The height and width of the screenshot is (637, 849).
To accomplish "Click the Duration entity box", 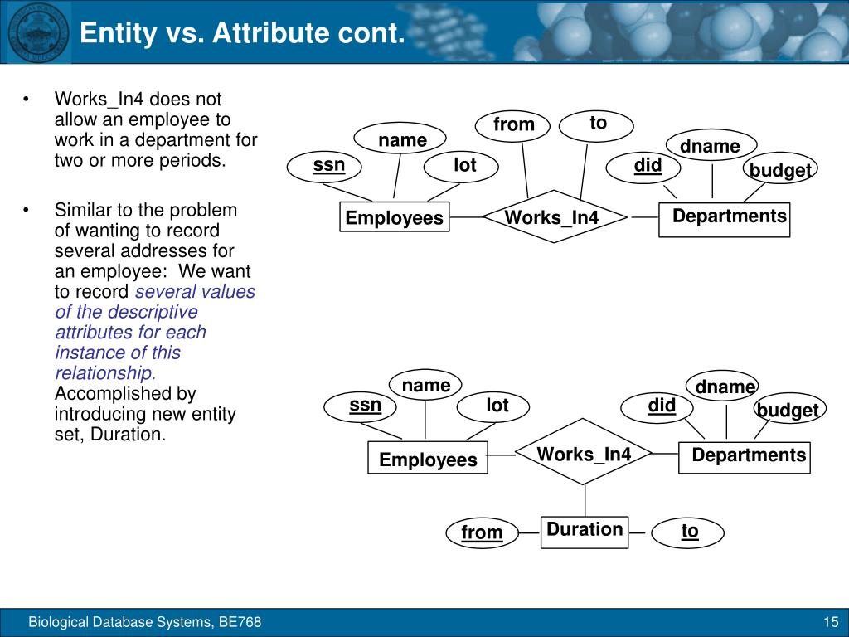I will [x=585, y=531].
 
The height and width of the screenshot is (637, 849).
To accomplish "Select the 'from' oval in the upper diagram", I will [x=514, y=125].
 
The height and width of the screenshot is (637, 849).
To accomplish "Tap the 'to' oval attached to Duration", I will [x=689, y=532].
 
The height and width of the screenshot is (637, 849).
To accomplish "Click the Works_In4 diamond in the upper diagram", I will [x=553, y=217].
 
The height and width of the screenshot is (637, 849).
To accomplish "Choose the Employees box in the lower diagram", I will [x=428, y=459].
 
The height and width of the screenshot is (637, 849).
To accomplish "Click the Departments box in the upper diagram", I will [x=724, y=219].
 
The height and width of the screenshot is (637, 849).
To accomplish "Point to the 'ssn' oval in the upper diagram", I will [x=328, y=166].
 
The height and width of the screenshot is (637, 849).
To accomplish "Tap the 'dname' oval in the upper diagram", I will [x=711, y=146].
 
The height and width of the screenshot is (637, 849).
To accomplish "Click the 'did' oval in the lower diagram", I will [x=662, y=406].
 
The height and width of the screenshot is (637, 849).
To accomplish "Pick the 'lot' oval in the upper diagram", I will [x=464, y=166].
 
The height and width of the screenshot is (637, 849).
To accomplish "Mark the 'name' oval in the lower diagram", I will [x=425, y=386].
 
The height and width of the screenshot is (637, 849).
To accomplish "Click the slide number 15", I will [x=831, y=622].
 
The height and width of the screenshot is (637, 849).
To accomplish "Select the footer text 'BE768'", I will [x=240, y=622].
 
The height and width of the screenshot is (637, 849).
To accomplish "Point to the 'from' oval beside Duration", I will [x=482, y=532].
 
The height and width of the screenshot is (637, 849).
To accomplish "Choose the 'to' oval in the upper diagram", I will [x=598, y=124].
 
